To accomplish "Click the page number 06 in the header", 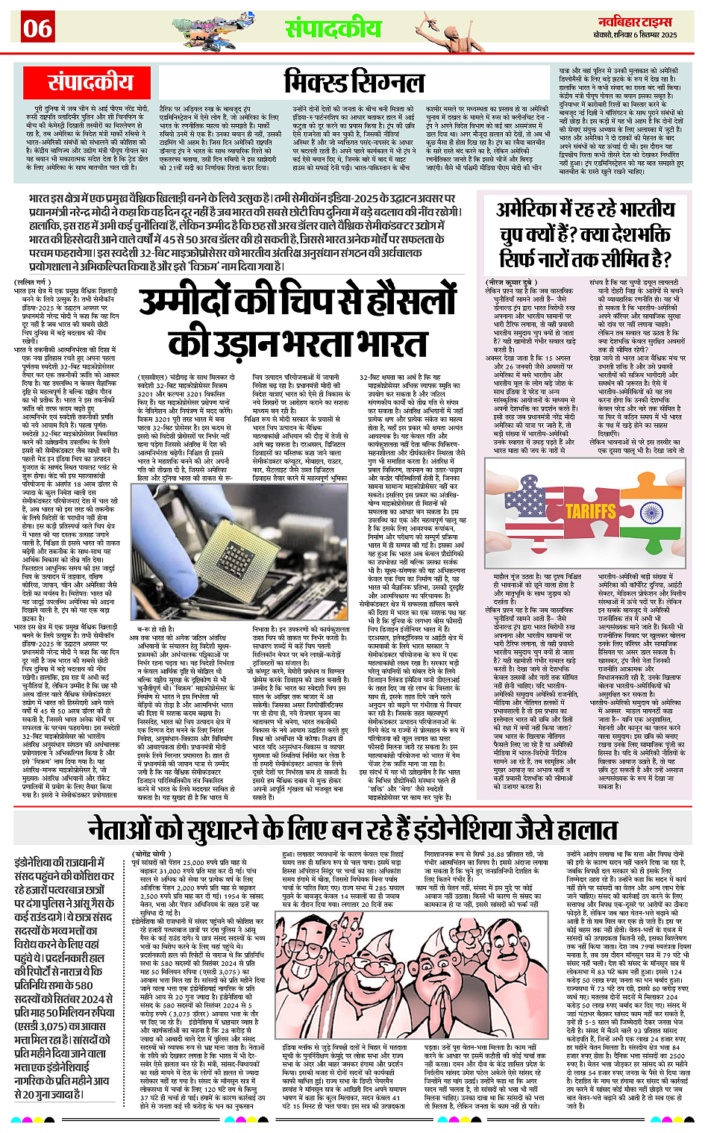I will point(37,29).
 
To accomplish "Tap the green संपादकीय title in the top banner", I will point(333,28).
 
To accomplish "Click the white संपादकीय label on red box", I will point(90,81).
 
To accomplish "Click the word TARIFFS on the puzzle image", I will point(591,511).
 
